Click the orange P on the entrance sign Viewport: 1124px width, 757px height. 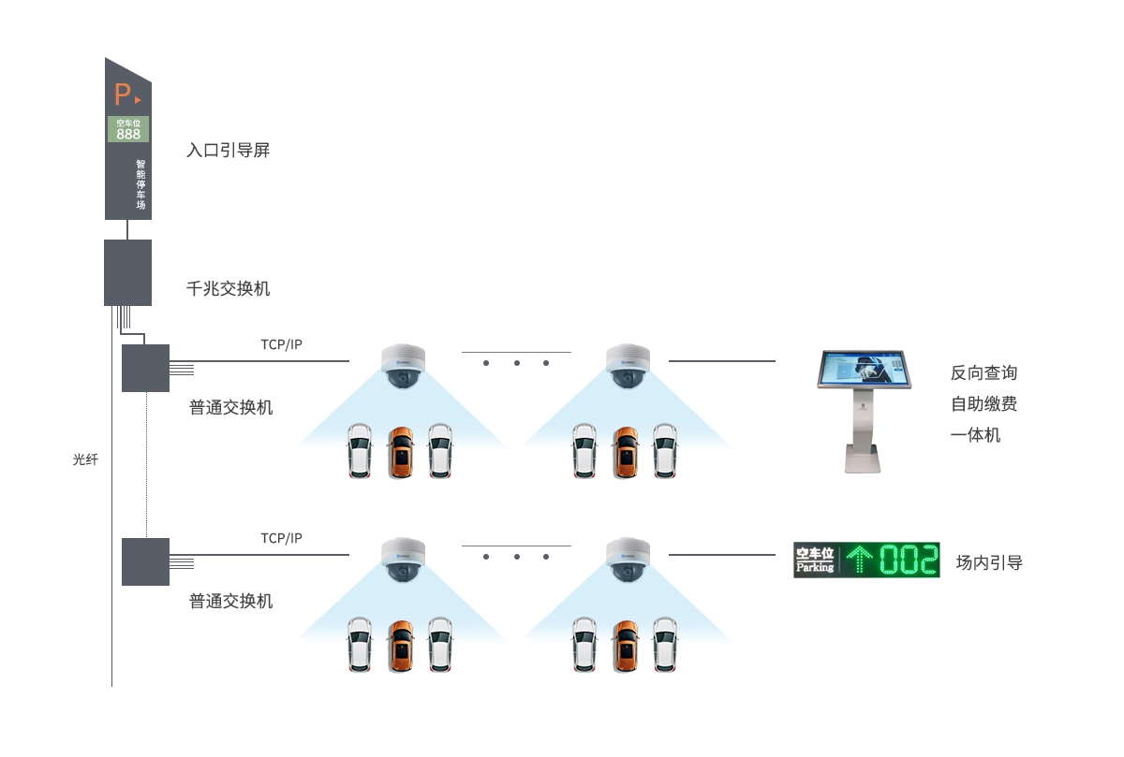click(x=123, y=95)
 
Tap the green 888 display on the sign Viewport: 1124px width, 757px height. click(x=128, y=134)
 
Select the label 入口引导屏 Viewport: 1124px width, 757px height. click(x=228, y=150)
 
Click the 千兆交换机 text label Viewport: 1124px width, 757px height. click(x=229, y=288)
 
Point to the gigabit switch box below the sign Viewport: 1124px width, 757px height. click(x=127, y=272)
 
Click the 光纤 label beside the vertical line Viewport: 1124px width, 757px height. click(x=85, y=459)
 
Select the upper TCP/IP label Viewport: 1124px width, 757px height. click(x=281, y=344)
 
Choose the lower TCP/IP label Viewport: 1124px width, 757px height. click(x=281, y=538)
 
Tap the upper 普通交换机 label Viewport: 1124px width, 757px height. click(x=231, y=407)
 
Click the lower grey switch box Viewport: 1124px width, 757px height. click(x=145, y=561)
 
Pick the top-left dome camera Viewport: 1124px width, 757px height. click(x=404, y=366)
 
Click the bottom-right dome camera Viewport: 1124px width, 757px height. click(x=628, y=560)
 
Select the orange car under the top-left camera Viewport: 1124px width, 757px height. click(x=401, y=452)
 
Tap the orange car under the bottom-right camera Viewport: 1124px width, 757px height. click(x=626, y=644)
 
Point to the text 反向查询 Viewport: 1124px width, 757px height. click(x=983, y=372)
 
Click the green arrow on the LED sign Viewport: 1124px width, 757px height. click(x=859, y=560)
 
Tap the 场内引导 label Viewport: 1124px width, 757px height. click(x=989, y=562)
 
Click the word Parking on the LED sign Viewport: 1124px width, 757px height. click(x=815, y=567)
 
